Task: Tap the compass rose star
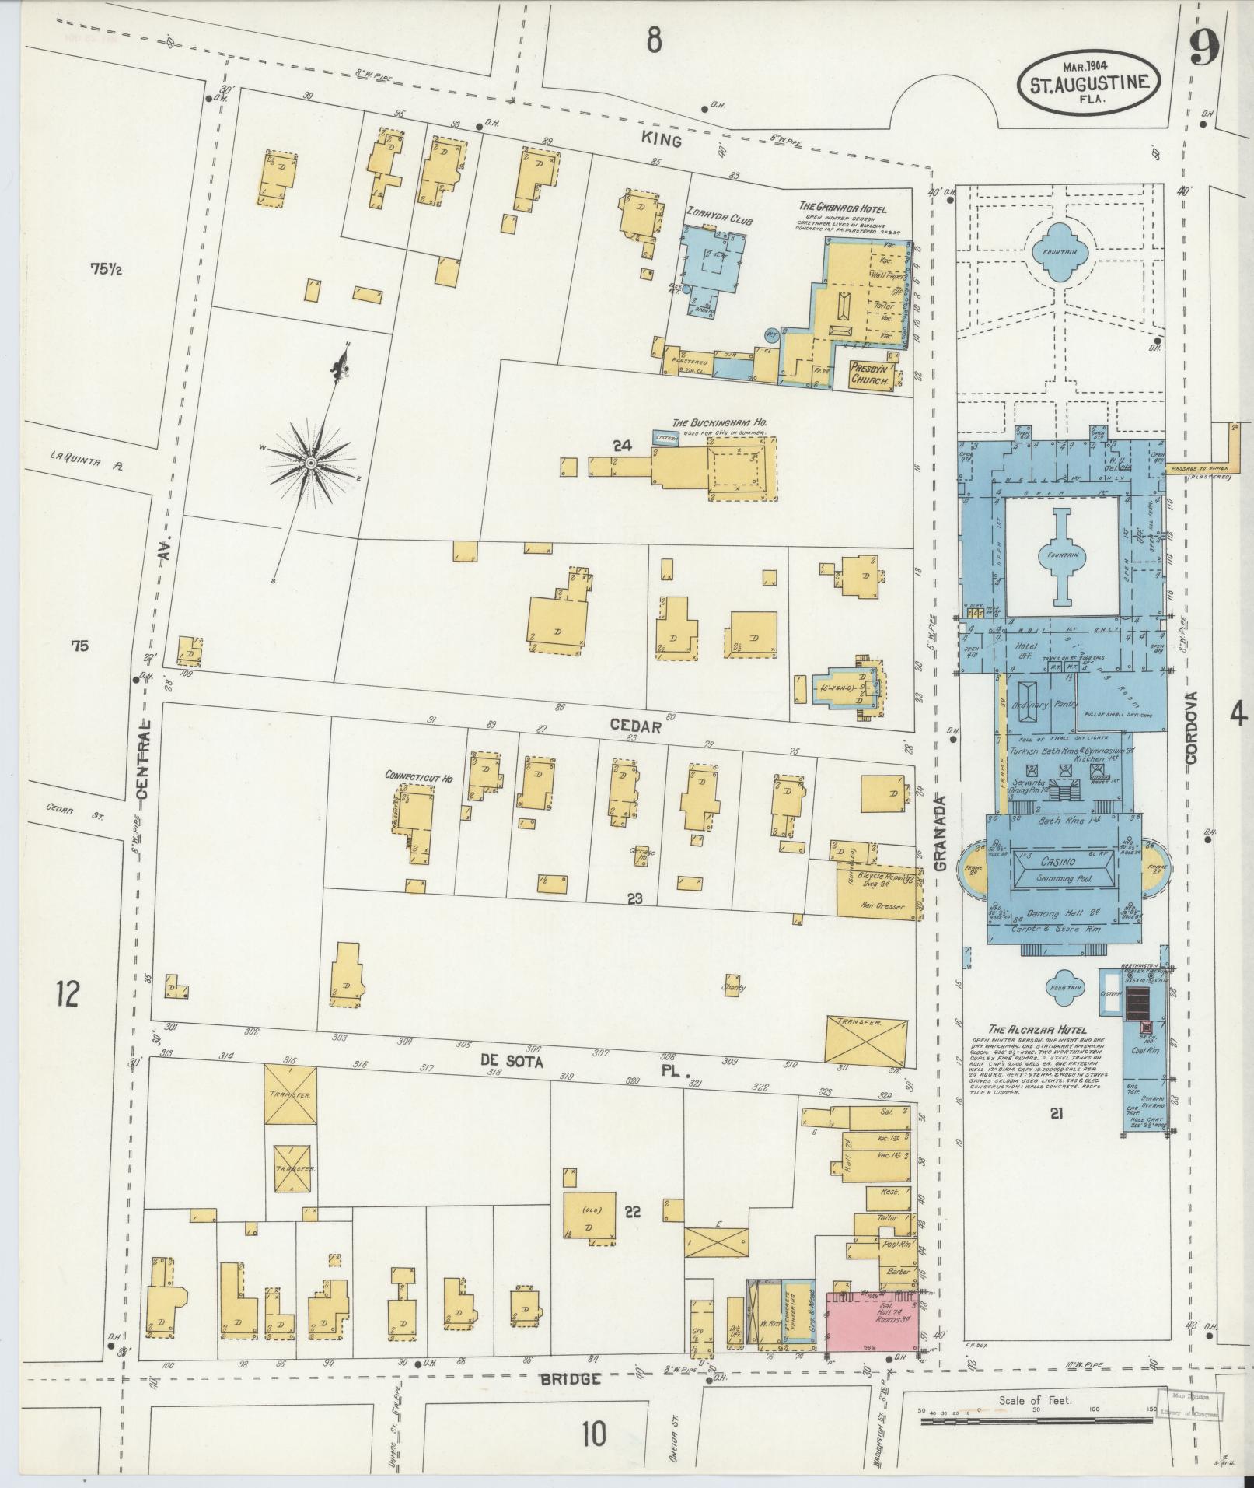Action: (310, 464)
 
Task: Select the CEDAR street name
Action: (634, 726)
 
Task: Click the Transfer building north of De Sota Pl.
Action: (867, 1041)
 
